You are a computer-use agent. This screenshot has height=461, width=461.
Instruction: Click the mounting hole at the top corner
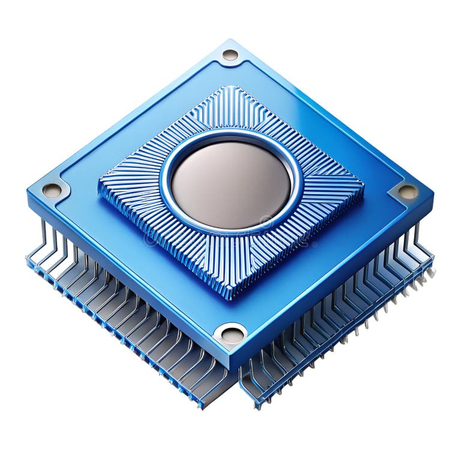pyautogui.click(x=230, y=55)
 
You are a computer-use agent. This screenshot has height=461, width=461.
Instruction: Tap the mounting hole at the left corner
pyautogui.click(x=52, y=190)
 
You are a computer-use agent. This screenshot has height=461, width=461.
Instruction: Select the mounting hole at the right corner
pyautogui.click(x=408, y=191)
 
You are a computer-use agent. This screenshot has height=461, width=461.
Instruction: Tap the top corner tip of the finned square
pyautogui.click(x=230, y=88)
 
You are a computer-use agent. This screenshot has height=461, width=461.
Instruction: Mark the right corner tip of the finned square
pyautogui.click(x=363, y=188)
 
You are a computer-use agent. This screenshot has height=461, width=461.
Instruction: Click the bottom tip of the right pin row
pyautogui.click(x=259, y=407)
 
